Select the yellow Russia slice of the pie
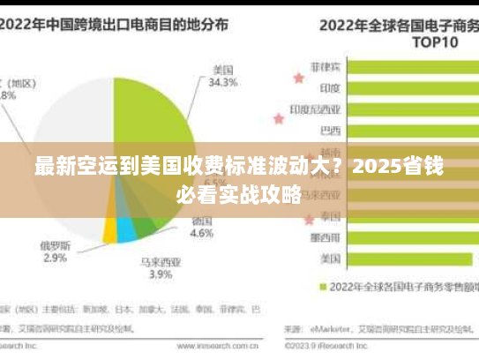tap(110, 231)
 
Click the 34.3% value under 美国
tap(223, 84)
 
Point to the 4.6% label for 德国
tap(202, 234)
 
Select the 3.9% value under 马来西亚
tap(160, 274)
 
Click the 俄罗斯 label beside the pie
tap(55, 244)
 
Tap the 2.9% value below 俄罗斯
tap(55, 258)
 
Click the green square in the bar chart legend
tap(323, 287)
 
